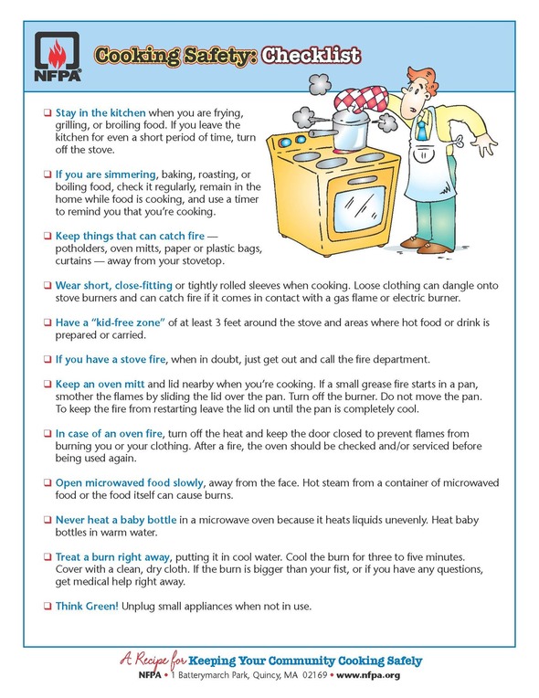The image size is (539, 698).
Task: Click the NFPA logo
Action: (x=58, y=56)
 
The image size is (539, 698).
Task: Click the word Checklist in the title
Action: (x=311, y=55)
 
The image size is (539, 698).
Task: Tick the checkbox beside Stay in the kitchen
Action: (x=48, y=112)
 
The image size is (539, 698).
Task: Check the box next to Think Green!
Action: (x=48, y=606)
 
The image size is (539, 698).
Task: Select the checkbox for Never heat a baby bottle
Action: (x=48, y=520)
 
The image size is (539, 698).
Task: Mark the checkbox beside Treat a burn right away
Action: (x=48, y=557)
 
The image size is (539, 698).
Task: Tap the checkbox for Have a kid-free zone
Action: (x=48, y=323)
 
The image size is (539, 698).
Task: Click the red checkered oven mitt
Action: (x=361, y=100)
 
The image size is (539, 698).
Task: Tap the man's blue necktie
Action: (x=420, y=126)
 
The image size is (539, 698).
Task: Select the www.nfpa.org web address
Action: (x=368, y=675)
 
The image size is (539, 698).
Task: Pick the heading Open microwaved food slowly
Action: (x=130, y=482)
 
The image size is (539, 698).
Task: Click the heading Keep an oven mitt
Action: (x=100, y=384)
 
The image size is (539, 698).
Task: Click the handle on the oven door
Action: (x=362, y=179)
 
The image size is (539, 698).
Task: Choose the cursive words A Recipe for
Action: (x=153, y=660)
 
